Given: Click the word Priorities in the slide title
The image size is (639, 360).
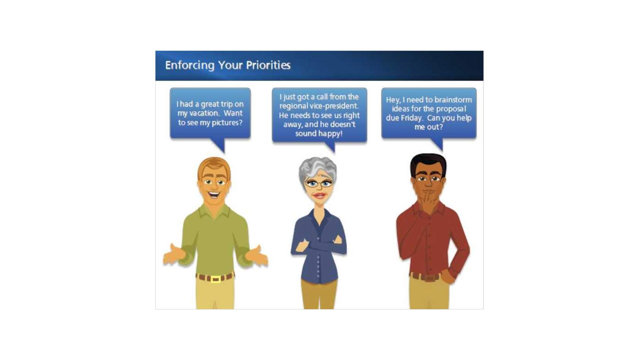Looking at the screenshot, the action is tap(268, 65).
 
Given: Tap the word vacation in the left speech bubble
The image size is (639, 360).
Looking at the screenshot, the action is tap(204, 113).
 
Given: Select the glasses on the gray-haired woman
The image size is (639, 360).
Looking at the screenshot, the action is tap(319, 183).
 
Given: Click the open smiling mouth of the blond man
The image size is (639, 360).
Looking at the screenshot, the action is tap(214, 195).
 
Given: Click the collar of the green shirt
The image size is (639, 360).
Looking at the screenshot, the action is tap(214, 211).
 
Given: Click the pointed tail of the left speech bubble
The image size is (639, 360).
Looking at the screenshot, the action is tap(220, 146).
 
